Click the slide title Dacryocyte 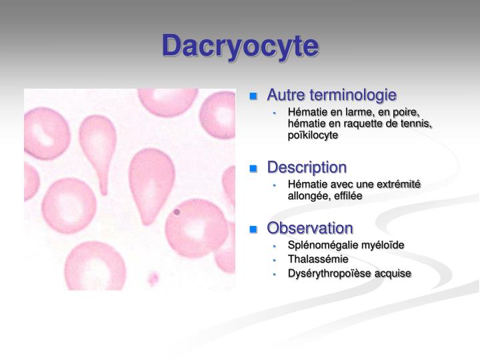[241, 46]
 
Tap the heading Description [307, 167]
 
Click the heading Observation [310, 228]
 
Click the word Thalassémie [318, 259]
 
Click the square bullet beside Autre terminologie [253, 95]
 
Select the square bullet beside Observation [253, 229]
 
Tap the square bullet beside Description [253, 168]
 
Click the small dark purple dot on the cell [177, 212]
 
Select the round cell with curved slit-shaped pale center [48, 131]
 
